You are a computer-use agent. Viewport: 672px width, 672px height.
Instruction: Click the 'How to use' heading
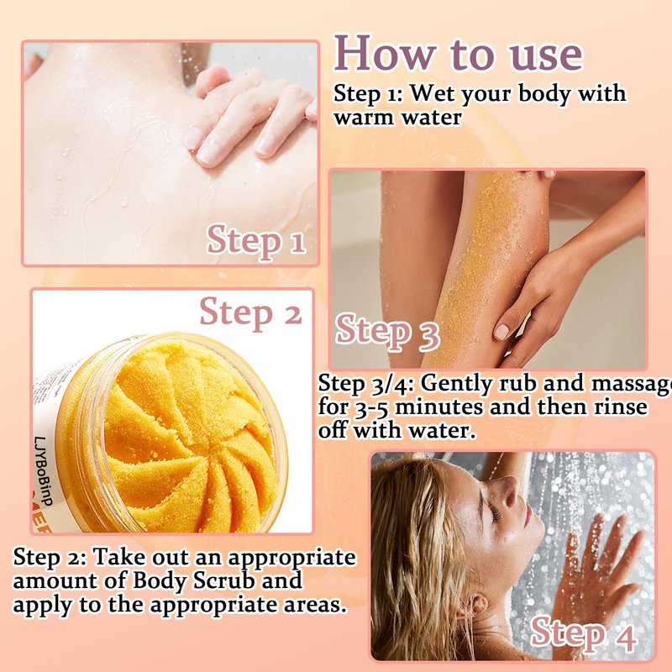click(458, 54)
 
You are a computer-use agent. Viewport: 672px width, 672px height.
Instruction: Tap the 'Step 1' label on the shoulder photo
click(256, 240)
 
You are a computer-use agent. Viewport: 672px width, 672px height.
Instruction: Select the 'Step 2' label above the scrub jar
click(250, 312)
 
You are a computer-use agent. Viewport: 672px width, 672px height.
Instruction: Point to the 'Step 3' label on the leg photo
click(387, 333)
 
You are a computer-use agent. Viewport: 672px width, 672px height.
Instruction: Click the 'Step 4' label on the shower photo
click(583, 634)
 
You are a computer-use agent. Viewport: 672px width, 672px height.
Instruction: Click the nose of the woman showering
click(509, 493)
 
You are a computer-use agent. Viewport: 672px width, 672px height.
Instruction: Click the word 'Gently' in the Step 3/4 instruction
click(456, 383)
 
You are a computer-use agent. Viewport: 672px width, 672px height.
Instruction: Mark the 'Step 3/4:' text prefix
click(365, 384)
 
